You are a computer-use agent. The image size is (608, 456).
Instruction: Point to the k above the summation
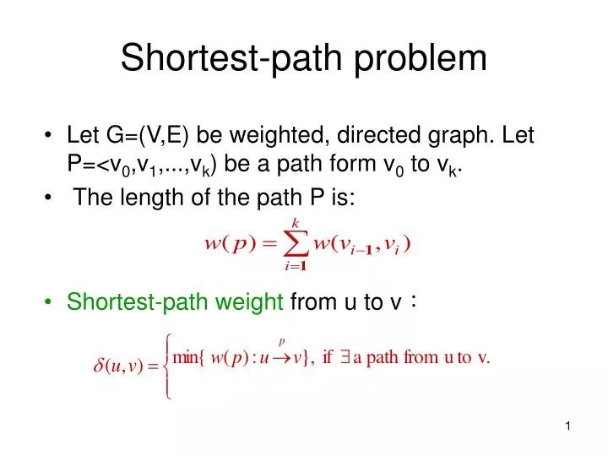(x=295, y=221)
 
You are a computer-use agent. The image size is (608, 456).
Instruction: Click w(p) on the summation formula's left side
(x=229, y=245)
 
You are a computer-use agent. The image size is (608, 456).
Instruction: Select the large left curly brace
(x=169, y=365)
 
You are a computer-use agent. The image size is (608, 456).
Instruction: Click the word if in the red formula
(x=328, y=356)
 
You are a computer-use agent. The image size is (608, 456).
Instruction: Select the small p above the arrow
(x=282, y=342)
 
